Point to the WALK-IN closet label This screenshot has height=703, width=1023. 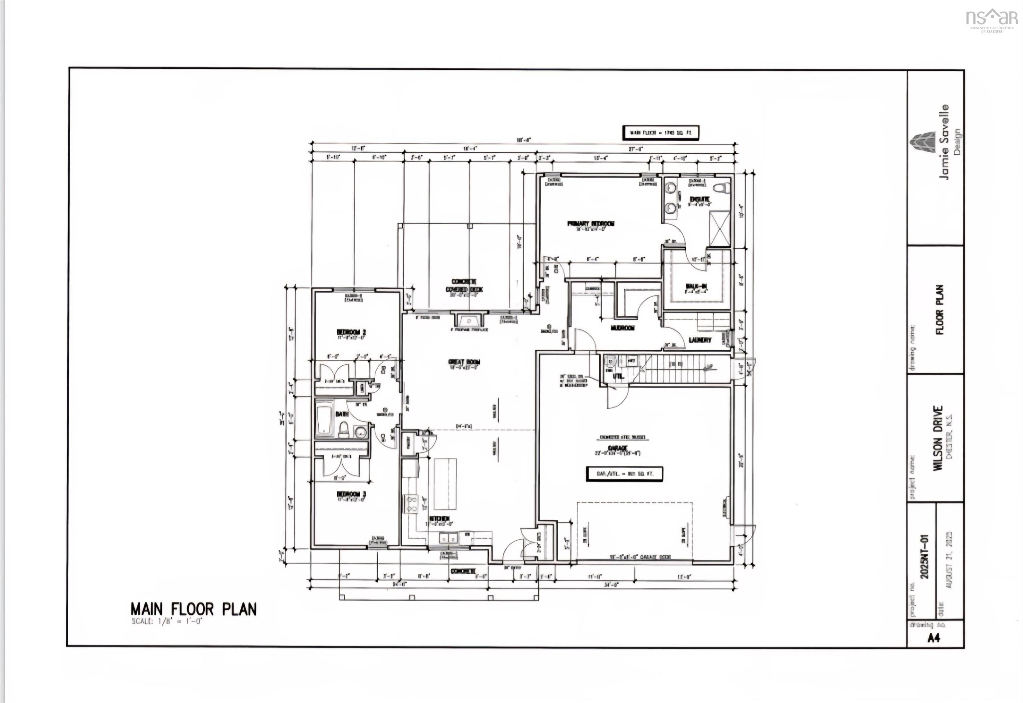tap(696, 287)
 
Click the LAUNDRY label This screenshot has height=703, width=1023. tap(700, 340)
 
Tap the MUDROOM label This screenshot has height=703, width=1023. tap(622, 328)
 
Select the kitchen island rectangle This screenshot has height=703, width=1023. tap(445, 484)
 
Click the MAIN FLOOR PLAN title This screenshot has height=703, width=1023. tap(193, 609)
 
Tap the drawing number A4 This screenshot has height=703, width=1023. tap(933, 637)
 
